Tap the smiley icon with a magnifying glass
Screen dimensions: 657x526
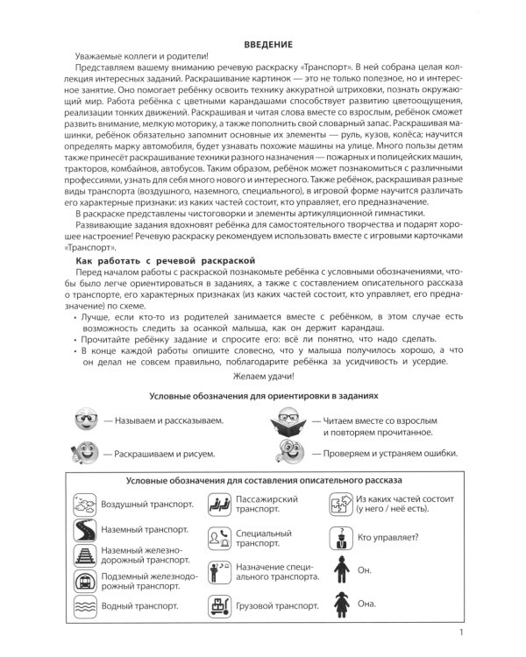290,453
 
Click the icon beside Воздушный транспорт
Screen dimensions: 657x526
85,505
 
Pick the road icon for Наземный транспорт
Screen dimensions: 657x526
85,531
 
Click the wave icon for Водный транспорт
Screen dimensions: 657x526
85,604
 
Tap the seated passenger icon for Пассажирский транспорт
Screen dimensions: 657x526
217,505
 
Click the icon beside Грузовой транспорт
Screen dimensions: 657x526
217,604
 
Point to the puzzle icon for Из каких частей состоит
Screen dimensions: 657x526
339,505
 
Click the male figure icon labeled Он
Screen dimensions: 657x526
339,569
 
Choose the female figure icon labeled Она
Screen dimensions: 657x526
339,604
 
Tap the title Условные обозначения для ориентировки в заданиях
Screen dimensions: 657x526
263,395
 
